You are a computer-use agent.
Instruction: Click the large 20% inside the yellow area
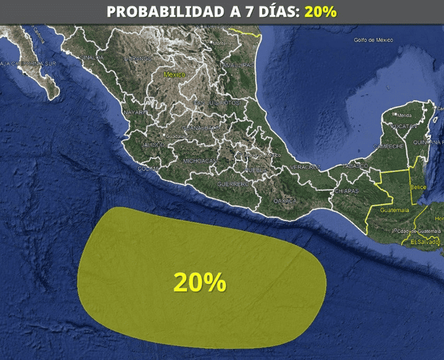point(199,282)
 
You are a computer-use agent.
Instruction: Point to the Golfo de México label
point(373,40)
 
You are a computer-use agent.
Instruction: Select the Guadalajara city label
point(177,136)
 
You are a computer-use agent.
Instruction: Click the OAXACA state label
point(285,200)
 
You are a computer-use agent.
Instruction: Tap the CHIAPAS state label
point(346,191)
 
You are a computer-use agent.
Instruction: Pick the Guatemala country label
point(395,210)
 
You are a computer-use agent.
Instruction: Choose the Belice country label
point(417,188)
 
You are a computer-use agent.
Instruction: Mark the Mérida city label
point(404,115)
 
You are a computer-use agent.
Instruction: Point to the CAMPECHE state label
point(388,146)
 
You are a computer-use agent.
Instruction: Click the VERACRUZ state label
point(304,166)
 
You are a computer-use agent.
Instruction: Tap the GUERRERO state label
point(233,183)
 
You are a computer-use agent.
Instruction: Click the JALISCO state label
point(153,145)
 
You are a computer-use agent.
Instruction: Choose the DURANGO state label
point(138,59)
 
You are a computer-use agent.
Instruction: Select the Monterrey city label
point(223,43)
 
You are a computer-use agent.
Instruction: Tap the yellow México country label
point(174,74)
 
